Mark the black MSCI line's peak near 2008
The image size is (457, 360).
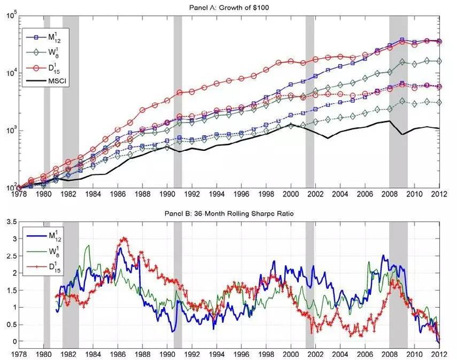point(390,121)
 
